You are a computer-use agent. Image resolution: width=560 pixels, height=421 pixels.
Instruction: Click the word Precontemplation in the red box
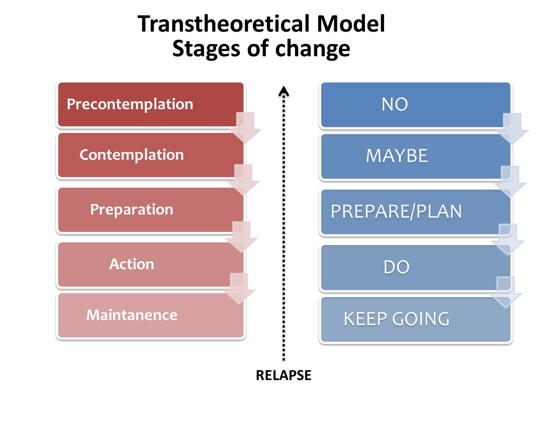pyautogui.click(x=130, y=104)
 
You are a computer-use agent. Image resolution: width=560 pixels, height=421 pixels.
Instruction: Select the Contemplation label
pyautogui.click(x=131, y=155)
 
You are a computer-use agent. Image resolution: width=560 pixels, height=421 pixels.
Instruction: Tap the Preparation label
pyautogui.click(x=131, y=210)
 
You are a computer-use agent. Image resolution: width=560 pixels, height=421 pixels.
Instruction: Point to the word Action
pyautogui.click(x=131, y=264)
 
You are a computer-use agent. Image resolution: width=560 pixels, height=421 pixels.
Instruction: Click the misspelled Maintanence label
pyautogui.click(x=132, y=315)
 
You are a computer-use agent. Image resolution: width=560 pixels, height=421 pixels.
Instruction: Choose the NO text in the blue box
pyautogui.click(x=395, y=105)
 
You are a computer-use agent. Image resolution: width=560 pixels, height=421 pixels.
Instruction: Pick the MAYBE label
pyautogui.click(x=397, y=156)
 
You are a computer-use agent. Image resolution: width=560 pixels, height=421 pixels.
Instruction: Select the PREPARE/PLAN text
pyautogui.click(x=396, y=211)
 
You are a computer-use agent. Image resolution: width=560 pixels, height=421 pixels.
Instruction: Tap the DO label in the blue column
pyautogui.click(x=396, y=267)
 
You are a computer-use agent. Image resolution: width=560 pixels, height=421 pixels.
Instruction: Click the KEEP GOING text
pyautogui.click(x=396, y=319)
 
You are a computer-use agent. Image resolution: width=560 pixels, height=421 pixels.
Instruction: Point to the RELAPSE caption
pyautogui.click(x=283, y=375)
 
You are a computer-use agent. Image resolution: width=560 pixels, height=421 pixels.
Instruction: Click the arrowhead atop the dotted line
pyautogui.click(x=284, y=91)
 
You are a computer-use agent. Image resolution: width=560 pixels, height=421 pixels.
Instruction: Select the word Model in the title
pyautogui.click(x=351, y=23)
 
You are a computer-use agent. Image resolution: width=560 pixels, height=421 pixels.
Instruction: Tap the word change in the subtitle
pyautogui.click(x=312, y=49)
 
